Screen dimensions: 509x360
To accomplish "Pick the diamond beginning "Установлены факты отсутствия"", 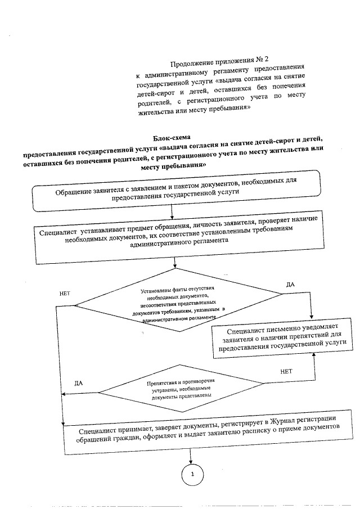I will click(178, 304).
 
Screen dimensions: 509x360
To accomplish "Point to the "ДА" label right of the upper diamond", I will click(290, 285).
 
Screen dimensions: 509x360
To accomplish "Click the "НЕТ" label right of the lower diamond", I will click(286, 371).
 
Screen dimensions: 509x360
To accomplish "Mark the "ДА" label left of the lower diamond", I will click(79, 383).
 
